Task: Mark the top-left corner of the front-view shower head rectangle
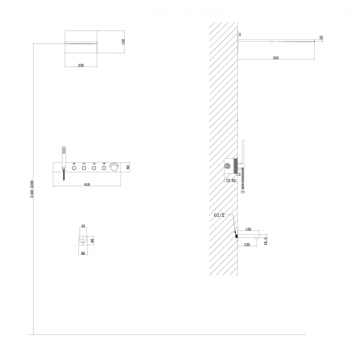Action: [65, 31]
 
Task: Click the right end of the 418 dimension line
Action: [121, 185]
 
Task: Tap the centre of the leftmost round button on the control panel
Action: [74, 168]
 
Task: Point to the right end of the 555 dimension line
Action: [314, 59]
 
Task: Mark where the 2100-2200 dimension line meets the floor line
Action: [33, 334]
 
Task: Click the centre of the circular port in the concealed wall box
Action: [228, 166]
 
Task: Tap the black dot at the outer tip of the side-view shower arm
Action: [314, 41]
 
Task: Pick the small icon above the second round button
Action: [84, 164]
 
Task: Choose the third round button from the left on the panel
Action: [94, 168]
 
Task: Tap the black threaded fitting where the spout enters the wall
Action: [236, 237]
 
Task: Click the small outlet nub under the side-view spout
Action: [257, 239]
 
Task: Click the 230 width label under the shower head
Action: [81, 66]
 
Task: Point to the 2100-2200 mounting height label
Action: [32, 189]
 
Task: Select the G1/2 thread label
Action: [219, 215]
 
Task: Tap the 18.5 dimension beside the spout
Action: [265, 241]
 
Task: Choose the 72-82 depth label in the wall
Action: [231, 180]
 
